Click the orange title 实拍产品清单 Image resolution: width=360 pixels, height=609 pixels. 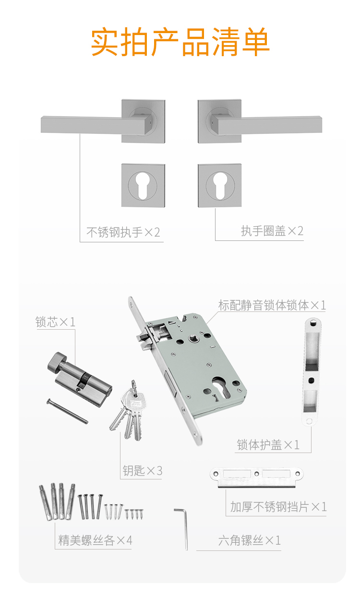click(180, 42)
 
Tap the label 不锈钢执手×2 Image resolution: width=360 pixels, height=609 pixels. click(123, 232)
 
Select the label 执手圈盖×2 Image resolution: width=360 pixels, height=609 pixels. click(272, 231)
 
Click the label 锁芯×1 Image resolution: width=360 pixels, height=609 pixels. click(55, 322)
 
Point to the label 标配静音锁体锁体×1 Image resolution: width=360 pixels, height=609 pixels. click(272, 305)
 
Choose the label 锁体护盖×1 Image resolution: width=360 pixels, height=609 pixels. click(268, 445)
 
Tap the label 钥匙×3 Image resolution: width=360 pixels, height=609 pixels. click(142, 471)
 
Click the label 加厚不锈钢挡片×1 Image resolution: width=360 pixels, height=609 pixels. click(278, 507)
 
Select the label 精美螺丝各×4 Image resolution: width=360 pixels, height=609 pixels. click(95, 540)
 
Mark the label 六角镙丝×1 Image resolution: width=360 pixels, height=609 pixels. click(249, 540)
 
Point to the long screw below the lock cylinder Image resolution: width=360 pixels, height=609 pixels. click(67, 411)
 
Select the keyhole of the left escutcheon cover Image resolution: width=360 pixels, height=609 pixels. click(143, 185)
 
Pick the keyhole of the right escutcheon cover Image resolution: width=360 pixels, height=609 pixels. click(220, 185)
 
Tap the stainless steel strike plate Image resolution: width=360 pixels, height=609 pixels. click(257, 478)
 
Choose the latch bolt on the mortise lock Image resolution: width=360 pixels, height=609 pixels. click(144, 337)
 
